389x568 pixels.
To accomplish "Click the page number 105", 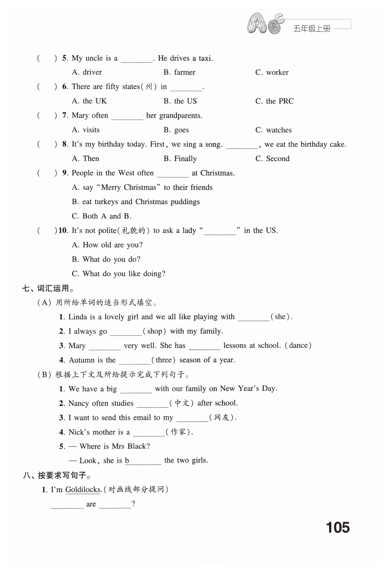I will coord(338,527).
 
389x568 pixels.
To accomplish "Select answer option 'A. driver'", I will coord(87,72).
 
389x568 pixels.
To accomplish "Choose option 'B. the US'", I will coord(180,101).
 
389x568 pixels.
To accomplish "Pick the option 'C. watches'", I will coord(273,130).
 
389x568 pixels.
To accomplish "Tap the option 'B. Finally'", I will coord(180,159).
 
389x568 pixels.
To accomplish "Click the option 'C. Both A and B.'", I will coord(101,216).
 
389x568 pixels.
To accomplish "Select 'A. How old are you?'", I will coord(107,245).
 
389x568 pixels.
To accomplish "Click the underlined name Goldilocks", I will coord(83,489).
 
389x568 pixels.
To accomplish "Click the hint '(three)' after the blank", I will coord(164,360).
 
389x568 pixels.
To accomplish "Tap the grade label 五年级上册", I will coord(312,29).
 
